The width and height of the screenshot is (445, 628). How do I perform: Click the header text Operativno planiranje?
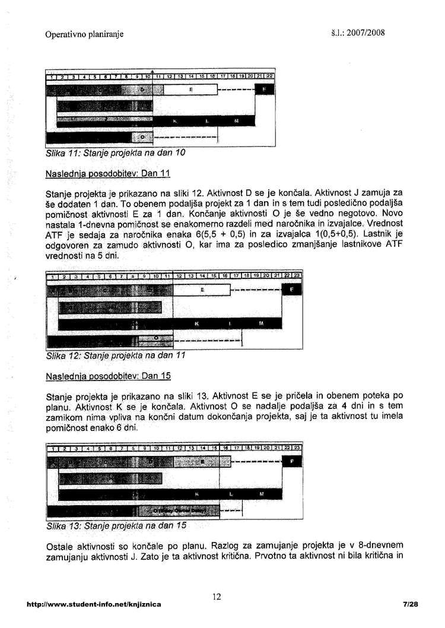[84, 34]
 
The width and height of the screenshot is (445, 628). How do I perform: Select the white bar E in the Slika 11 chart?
[190, 90]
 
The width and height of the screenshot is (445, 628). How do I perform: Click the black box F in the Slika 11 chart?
[264, 90]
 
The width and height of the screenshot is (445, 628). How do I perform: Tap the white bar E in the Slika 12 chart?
[202, 290]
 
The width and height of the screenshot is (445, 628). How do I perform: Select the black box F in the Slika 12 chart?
[291, 289]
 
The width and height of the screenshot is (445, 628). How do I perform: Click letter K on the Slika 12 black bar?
[196, 323]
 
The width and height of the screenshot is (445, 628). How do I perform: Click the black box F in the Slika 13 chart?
[291, 461]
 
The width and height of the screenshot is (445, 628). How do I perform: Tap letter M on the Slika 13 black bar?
[262, 494]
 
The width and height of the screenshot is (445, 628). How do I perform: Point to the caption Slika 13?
[116, 526]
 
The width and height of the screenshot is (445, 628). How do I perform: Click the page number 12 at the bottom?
[217, 595]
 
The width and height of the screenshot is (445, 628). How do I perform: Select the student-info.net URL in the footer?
[94, 604]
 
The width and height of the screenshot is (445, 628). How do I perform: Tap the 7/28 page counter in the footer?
[410, 604]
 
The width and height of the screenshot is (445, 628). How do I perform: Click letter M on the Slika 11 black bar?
[236, 121]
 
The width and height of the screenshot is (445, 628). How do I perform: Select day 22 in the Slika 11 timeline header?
[269, 76]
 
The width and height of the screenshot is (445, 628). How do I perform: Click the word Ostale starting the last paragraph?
[60, 546]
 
